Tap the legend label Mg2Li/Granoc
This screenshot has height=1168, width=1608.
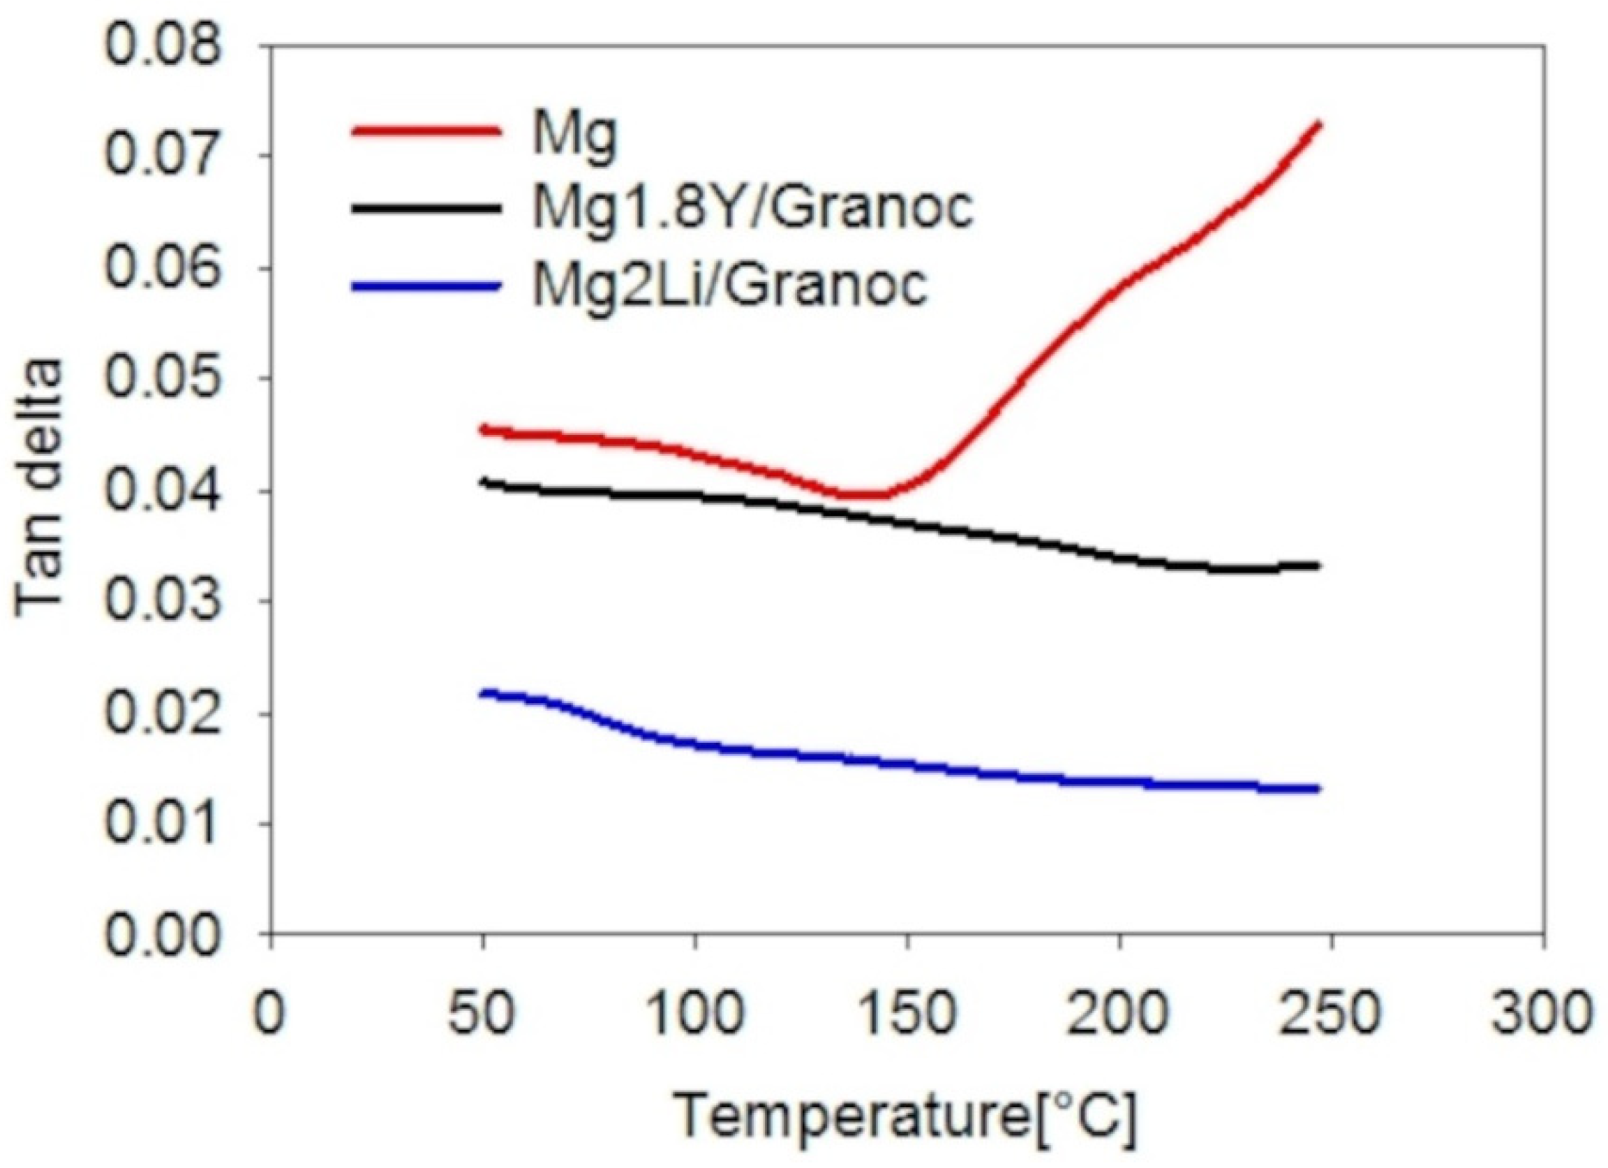point(729,285)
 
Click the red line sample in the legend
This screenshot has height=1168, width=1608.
point(426,131)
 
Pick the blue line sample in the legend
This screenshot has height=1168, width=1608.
point(426,286)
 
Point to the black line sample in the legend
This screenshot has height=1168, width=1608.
point(426,208)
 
